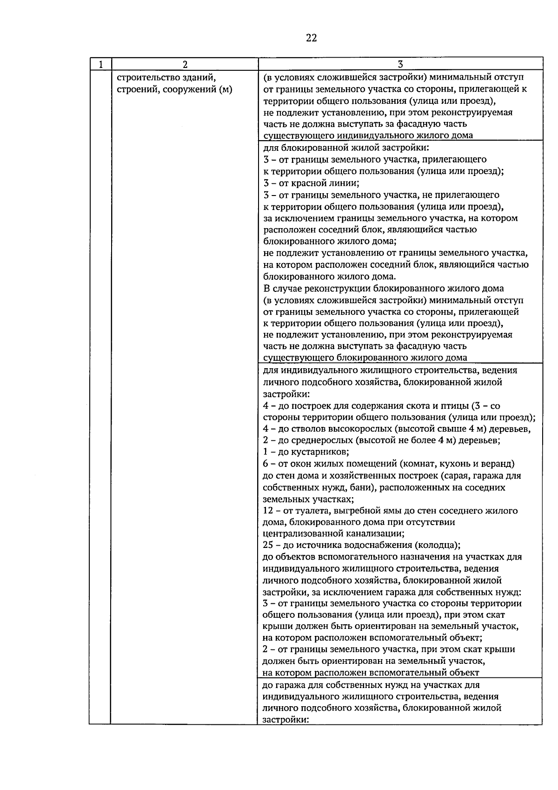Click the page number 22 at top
312,38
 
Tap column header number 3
400,64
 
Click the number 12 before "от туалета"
268,511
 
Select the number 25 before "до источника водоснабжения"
268,545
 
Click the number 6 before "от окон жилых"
266,464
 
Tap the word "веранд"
498,464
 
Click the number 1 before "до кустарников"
266,452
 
